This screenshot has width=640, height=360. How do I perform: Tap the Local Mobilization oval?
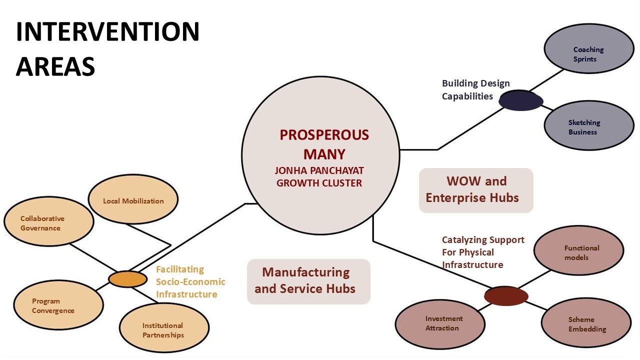[x=133, y=201]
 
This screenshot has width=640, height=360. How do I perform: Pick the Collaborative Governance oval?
[x=48, y=221]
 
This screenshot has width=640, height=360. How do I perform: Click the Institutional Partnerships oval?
[x=163, y=328]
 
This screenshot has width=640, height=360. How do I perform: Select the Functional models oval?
[x=578, y=251]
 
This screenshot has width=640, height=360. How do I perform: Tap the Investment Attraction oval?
[x=440, y=323]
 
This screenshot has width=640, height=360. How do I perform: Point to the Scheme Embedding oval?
[x=586, y=323]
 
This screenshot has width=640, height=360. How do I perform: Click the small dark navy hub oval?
[x=520, y=100]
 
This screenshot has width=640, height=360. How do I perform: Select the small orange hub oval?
[x=127, y=279]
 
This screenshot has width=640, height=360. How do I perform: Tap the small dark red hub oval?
[x=506, y=296]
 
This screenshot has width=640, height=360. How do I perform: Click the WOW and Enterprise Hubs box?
[x=476, y=190]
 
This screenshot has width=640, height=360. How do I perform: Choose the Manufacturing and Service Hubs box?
[x=308, y=281]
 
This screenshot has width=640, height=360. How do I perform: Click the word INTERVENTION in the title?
[x=107, y=32]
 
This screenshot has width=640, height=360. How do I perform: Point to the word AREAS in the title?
[x=55, y=66]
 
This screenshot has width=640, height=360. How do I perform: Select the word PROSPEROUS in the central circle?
[x=324, y=135]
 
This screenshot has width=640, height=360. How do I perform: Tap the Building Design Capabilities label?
[x=475, y=90]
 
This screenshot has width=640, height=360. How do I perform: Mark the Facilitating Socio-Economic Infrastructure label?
[x=190, y=282]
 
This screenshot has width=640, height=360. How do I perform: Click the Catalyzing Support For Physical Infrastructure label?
[x=482, y=252]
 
